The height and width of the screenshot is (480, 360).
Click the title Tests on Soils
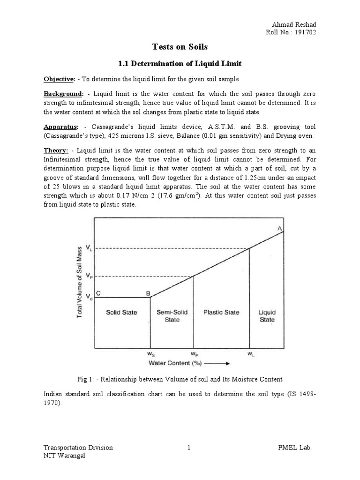pyautogui.click(x=180, y=47)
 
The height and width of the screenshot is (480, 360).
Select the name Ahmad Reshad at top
pyautogui.click(x=293, y=24)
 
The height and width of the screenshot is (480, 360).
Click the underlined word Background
pyautogui.click(x=63, y=95)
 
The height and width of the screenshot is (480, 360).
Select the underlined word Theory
pyautogui.click(x=56, y=150)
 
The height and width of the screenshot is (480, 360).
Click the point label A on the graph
pyautogui.click(x=279, y=228)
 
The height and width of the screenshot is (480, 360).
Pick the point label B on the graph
pyautogui.click(x=148, y=294)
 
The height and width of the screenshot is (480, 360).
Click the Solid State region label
pyautogui.click(x=121, y=312)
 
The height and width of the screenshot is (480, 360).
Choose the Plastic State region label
pyautogui.click(x=221, y=312)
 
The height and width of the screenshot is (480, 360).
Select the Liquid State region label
pyautogui.click(x=267, y=316)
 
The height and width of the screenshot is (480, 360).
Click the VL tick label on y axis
pyautogui.click(x=89, y=247)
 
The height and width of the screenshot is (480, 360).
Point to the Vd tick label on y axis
pyautogui.click(x=89, y=297)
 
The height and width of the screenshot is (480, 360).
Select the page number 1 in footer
pyautogui.click(x=188, y=448)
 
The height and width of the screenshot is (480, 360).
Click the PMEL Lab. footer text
pyautogui.click(x=295, y=448)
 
